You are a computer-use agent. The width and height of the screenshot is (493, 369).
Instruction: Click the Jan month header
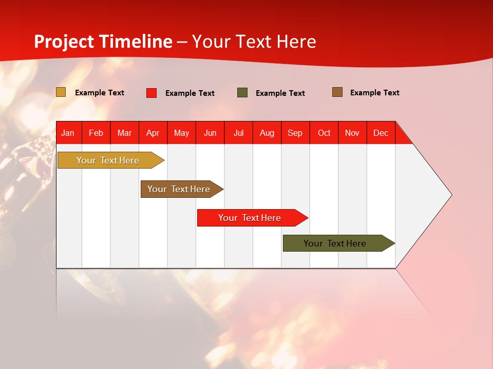[x=68, y=133]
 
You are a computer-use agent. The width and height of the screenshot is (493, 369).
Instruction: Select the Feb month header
[x=96, y=133]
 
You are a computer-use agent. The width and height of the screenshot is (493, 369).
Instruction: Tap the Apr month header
[x=153, y=133]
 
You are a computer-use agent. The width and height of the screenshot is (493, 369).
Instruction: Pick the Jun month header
[x=210, y=133]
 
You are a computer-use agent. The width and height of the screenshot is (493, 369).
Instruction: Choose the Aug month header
[x=267, y=133]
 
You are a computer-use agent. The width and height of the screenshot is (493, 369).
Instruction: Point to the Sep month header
[x=295, y=133]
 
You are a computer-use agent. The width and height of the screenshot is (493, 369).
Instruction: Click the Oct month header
[x=324, y=133]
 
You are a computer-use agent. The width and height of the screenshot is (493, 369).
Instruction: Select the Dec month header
[x=381, y=133]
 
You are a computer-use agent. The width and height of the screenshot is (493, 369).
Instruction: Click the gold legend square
[x=61, y=92]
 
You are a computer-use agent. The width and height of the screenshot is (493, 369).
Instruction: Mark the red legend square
[x=151, y=93]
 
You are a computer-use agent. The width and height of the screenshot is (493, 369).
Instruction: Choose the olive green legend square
[x=242, y=93]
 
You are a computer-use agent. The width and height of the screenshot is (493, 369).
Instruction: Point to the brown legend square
[x=337, y=92]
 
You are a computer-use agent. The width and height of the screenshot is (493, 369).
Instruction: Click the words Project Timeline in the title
[x=103, y=42]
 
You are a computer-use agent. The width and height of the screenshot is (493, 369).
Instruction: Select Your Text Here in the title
[x=254, y=42]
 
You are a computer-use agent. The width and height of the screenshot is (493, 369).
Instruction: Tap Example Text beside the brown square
[x=374, y=93]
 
